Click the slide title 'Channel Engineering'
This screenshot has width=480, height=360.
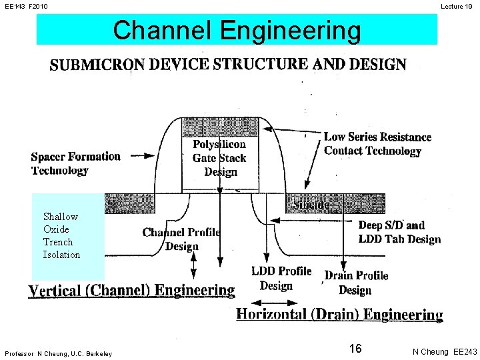tap(237, 30)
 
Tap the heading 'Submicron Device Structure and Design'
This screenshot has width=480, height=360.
tap(228, 65)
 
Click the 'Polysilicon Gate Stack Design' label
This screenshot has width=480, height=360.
tap(219, 158)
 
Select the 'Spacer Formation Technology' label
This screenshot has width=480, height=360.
tap(75, 163)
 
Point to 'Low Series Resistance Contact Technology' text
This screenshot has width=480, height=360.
tap(377, 144)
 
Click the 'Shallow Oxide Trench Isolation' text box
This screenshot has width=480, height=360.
tap(62, 235)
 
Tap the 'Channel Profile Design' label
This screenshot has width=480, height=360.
tap(181, 239)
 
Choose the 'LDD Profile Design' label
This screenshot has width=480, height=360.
tap(281, 278)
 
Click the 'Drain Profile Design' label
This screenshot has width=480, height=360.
tap(356, 283)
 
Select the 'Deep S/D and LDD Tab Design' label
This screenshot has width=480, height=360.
tap(399, 232)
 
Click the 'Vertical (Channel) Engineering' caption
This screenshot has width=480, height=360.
tap(131, 291)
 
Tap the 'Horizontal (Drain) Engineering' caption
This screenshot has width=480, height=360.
tap(339, 314)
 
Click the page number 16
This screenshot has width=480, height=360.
tap(355, 349)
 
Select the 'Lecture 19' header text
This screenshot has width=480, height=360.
tap(458, 6)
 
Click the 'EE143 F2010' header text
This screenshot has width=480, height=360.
tap(26, 6)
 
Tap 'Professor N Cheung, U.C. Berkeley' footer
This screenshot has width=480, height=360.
tap(58, 353)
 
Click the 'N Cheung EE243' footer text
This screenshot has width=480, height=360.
tap(444, 351)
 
